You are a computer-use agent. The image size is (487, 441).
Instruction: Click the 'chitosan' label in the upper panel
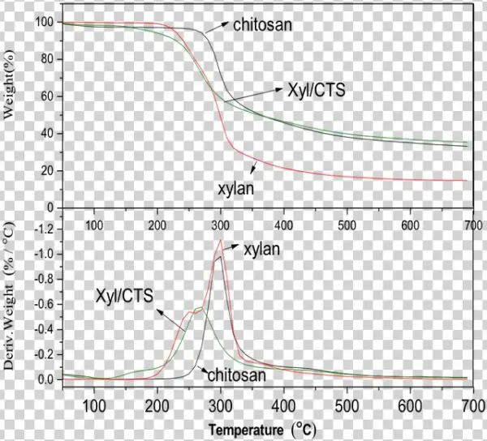(x=262, y=25)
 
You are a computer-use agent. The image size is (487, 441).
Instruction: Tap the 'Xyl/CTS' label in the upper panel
(x=317, y=90)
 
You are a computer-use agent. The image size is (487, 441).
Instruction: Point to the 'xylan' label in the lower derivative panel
(x=262, y=250)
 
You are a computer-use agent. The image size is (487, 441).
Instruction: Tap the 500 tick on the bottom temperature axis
(x=347, y=406)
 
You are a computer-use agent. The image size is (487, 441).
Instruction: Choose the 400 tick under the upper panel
(x=284, y=225)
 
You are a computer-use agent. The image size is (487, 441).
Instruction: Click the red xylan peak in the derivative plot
(x=220, y=240)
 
